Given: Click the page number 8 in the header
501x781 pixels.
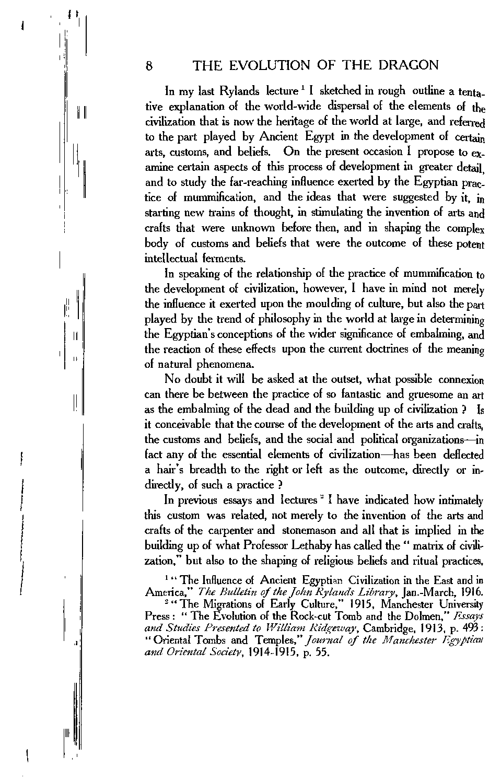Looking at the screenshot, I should pyautogui.click(x=149, y=66).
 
